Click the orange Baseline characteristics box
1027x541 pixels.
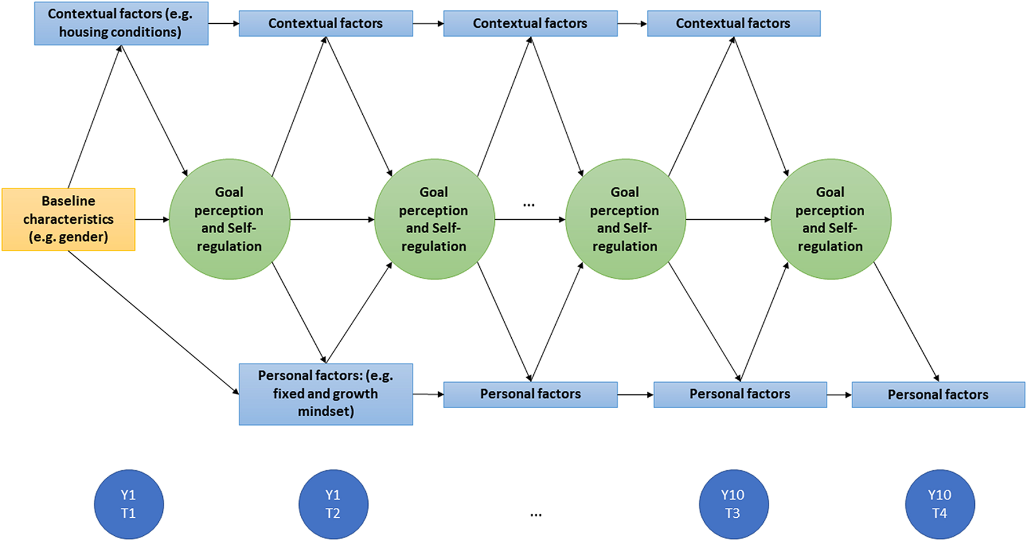coord(68,219)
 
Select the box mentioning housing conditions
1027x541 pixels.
coord(121,23)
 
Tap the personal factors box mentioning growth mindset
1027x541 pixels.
coord(326,394)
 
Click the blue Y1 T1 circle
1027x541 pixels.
coord(129,504)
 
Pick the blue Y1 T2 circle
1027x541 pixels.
coord(333,504)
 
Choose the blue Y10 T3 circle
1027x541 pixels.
coord(733,504)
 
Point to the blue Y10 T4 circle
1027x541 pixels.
coord(939,504)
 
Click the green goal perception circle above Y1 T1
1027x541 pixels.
coord(230,219)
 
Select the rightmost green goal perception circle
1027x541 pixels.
coord(831,219)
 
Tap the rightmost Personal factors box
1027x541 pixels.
coord(938,394)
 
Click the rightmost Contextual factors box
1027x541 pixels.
coord(733,23)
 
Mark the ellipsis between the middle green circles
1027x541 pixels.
coord(529,205)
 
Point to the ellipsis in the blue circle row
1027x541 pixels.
coord(536,514)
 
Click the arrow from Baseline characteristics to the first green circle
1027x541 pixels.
coord(152,219)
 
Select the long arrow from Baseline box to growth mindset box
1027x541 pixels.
coord(154,322)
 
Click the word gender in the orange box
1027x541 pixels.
coord(86,237)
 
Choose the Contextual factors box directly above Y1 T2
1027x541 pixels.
coord(326,23)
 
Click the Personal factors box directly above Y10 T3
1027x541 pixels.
coord(740,394)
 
